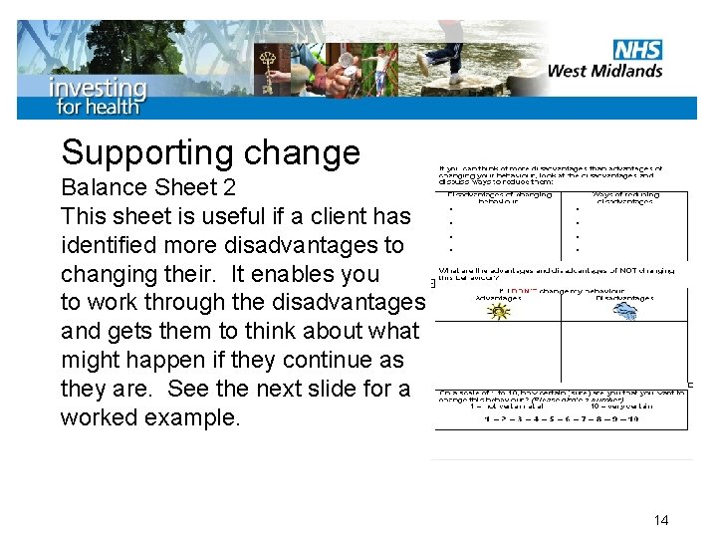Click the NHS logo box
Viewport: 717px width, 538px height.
coord(638,50)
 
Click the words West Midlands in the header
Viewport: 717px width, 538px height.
coord(605,71)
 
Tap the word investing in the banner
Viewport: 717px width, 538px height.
coord(98,87)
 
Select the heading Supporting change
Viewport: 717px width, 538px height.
coord(210,152)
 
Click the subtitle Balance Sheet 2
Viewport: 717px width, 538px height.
coord(161,188)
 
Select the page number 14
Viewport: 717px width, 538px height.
coord(662,520)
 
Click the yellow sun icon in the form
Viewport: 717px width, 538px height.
coord(497,312)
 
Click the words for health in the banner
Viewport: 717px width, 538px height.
coord(99,106)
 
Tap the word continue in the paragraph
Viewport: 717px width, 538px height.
coord(309,360)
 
